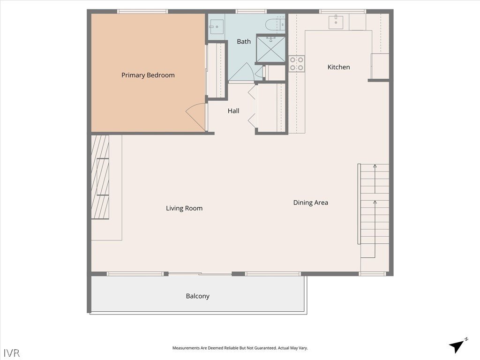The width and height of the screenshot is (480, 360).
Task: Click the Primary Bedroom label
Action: click(148, 75)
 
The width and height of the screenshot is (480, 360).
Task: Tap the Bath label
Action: click(244, 41)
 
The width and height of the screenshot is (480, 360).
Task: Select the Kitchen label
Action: click(338, 67)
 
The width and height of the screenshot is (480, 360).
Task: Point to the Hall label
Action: click(233, 111)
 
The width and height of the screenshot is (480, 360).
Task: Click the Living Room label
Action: click(184, 209)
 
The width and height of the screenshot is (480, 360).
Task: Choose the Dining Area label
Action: click(310, 202)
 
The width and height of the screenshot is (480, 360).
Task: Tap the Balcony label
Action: click(197, 296)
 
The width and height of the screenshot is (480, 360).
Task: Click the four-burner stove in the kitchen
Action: click(297, 64)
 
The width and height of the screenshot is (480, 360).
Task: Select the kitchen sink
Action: click(336, 22)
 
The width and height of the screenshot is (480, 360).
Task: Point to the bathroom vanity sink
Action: click(216, 27)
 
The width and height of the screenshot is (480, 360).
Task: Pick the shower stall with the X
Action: click(270, 49)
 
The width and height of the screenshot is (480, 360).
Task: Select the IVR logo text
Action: click(12, 352)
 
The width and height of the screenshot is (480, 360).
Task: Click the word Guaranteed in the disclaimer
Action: click(265, 348)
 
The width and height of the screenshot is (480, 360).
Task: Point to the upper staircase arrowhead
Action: click(375, 166)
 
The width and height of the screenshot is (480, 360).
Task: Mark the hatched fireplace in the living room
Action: click(100, 177)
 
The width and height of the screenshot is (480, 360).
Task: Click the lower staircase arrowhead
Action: click(375, 202)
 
